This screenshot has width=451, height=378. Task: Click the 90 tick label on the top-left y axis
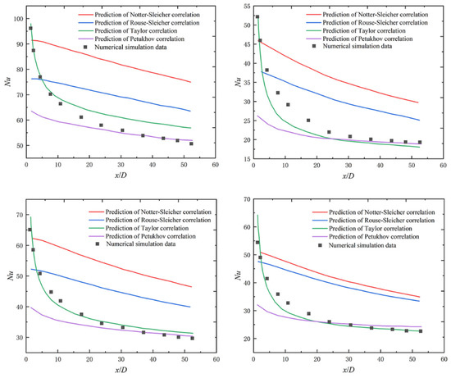pos(17,44)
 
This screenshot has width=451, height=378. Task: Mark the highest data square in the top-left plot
pos(30,28)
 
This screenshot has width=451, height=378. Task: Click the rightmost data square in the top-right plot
pos(420,142)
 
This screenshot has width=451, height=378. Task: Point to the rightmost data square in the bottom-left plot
pos(193,338)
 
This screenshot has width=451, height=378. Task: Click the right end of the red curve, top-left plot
pos(190,82)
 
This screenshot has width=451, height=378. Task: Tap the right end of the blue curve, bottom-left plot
pos(190,307)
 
